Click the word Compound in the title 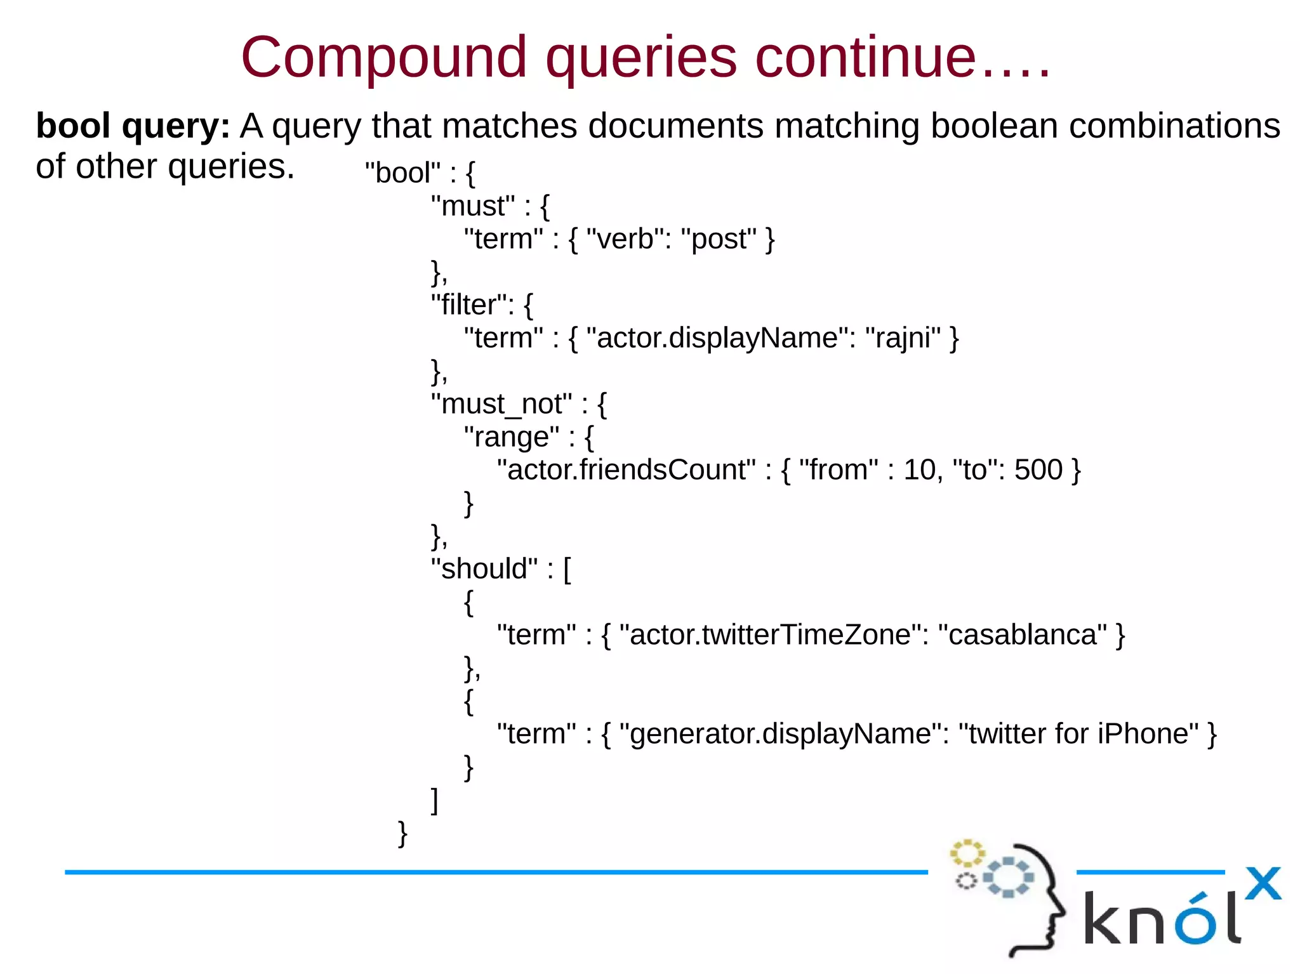click(383, 58)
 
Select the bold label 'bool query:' click(133, 126)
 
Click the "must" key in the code click(473, 206)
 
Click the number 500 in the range click(1038, 470)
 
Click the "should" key click(484, 569)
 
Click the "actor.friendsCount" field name click(627, 470)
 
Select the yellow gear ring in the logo click(967, 853)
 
